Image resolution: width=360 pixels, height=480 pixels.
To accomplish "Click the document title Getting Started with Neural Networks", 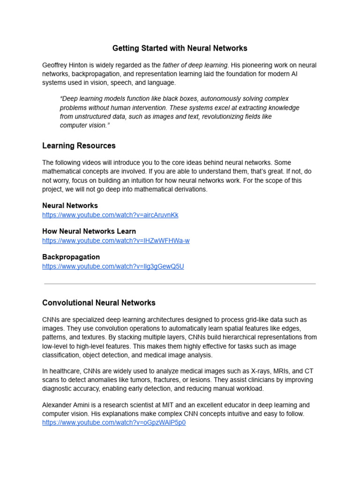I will tap(180, 48).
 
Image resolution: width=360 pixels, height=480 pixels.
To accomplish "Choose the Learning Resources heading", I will tap(79, 146).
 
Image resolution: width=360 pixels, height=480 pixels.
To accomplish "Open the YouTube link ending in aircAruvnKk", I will tap(110, 215).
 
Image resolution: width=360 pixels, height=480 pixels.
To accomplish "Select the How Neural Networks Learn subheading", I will tap(89, 231).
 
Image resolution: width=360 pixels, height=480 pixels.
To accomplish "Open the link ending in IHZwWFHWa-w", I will tap(116, 241).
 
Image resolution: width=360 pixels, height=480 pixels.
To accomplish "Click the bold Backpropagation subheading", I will tap(71, 257).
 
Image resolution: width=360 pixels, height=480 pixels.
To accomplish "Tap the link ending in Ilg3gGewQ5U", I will tap(113, 267).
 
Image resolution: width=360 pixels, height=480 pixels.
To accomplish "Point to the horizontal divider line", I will tap(180, 284).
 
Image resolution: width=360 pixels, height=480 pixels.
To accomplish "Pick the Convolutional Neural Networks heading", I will tap(98, 303).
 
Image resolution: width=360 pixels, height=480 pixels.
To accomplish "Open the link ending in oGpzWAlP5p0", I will tap(114, 423).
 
